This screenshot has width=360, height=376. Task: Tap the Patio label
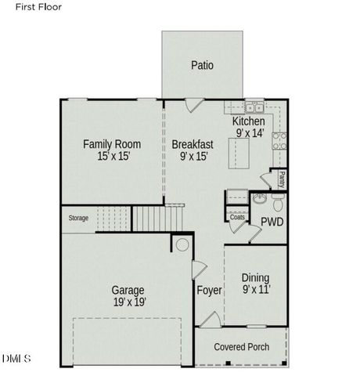[202, 66]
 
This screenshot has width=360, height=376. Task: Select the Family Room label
[112, 144]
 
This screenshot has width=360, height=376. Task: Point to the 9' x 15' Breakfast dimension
[192, 157]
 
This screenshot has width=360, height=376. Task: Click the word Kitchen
[249, 122]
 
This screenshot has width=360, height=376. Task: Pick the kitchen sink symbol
[254, 107]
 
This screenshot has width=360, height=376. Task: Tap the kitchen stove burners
[279, 140]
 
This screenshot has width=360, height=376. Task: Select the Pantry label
[281, 179]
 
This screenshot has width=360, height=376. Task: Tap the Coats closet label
[236, 217]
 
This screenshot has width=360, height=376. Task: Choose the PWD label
[272, 222]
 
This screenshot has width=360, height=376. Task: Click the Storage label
[78, 218]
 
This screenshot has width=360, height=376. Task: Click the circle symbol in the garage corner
[182, 246]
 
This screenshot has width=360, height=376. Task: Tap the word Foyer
[209, 291]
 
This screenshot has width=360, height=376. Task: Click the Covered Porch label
[242, 347]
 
